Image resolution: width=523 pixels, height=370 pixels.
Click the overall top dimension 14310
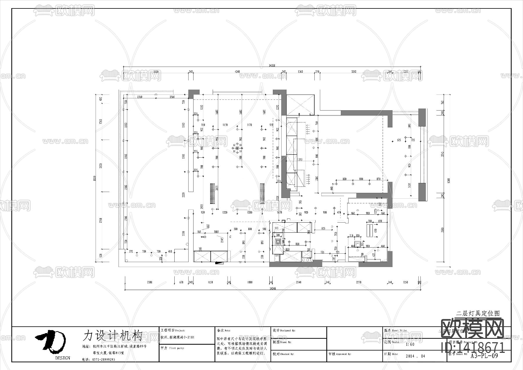click(x=272, y=66)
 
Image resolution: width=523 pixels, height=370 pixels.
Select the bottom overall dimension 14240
click(x=273, y=289)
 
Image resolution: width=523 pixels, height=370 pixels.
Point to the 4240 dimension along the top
click(x=237, y=72)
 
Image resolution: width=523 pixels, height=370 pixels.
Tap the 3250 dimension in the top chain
click(x=354, y=72)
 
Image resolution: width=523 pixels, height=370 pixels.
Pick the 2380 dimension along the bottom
click(x=149, y=282)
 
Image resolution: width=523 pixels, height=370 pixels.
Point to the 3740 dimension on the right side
click(x=443, y=154)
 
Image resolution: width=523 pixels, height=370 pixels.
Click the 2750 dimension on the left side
click(x=101, y=220)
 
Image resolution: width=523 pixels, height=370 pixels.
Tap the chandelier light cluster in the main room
click(x=238, y=148)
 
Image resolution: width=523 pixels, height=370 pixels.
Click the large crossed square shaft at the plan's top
click(x=300, y=104)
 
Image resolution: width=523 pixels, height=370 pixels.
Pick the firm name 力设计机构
click(x=112, y=335)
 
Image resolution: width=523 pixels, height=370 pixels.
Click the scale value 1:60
click(x=410, y=344)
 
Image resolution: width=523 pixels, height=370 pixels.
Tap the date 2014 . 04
click(x=415, y=356)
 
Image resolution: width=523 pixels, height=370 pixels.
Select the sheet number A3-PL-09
click(x=484, y=356)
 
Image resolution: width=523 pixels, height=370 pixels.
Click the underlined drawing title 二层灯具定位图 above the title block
click(x=478, y=314)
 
